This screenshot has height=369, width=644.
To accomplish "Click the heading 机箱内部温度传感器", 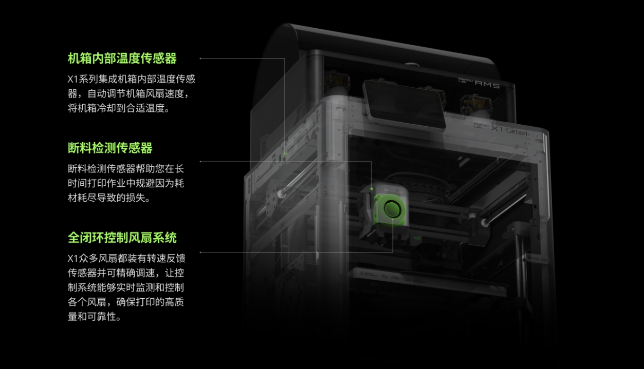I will coord(122,59).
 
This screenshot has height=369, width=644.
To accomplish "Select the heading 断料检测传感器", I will coord(110,148).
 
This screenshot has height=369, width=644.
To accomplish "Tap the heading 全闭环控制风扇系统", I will coord(122,238).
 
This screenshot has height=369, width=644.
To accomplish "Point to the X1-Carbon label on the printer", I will coord(509,131).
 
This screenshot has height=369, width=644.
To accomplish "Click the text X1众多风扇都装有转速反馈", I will coord(126,258).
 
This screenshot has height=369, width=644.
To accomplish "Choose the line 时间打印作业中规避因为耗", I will coord(126,183).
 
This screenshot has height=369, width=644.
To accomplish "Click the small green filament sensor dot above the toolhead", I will coord(372,188).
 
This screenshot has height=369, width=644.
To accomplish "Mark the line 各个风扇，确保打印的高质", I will coord(126,302).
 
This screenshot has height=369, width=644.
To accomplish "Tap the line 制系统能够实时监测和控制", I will coord(126,287).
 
